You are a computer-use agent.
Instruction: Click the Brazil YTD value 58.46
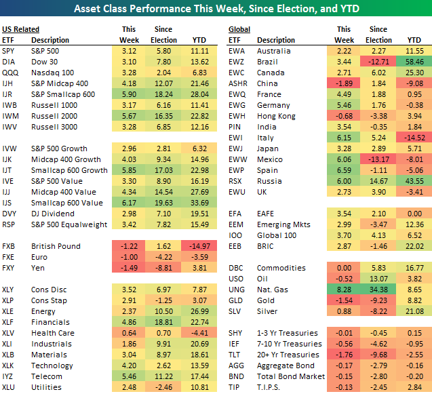click(x=413, y=61)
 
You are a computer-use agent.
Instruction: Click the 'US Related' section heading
click(x=21, y=29)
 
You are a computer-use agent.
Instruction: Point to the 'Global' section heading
click(x=239, y=29)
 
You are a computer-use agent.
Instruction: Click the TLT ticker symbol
click(x=236, y=355)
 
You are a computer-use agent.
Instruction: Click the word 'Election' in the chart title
click(x=293, y=9)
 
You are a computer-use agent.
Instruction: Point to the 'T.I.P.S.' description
click(x=271, y=387)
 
